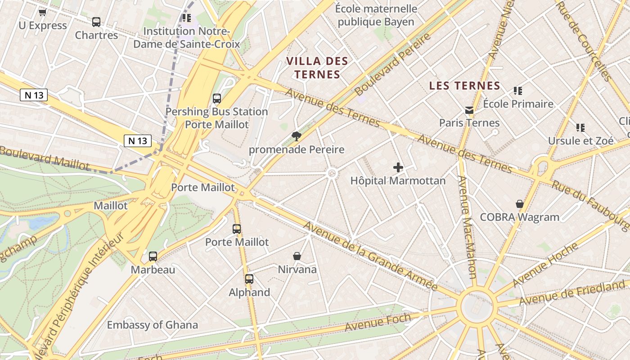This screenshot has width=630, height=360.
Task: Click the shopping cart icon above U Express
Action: pos(42,13)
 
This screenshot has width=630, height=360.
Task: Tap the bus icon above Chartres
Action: pos(96,22)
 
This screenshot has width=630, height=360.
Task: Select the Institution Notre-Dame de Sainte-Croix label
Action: pos(186,38)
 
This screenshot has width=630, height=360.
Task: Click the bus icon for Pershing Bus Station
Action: pos(217,99)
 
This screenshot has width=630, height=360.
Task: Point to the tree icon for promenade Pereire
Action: pos(296,136)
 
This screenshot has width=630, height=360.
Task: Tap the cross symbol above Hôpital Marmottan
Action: pos(398,167)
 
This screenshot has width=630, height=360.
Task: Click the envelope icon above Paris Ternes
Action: pos(469,110)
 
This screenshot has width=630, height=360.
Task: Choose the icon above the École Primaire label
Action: pos(518,91)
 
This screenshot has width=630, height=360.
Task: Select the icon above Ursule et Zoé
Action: pos(580,128)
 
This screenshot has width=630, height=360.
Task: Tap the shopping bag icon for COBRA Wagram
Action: pos(520,204)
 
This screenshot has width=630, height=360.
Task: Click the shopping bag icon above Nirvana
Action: pos(297,256)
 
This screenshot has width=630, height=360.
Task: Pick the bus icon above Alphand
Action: pos(249,279)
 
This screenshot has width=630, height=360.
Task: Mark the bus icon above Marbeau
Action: pos(153,256)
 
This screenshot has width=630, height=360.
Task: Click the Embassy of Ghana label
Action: pos(152,325)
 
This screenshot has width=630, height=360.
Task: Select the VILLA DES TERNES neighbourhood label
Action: pos(317,67)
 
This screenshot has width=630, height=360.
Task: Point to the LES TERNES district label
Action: pos(464,85)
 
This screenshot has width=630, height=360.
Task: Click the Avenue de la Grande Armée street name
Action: pos(370,256)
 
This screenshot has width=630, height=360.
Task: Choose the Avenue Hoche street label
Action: pos(545,265)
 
